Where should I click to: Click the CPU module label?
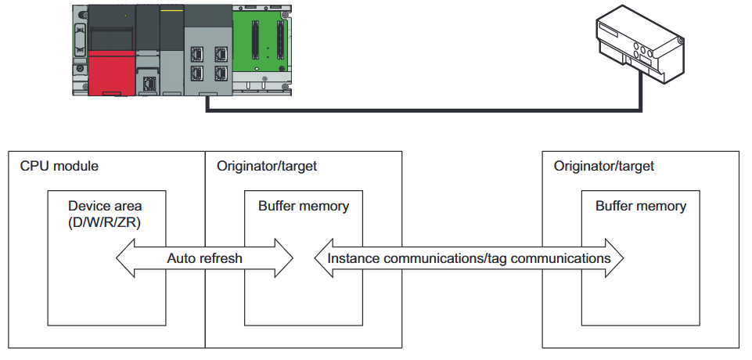coord(59,167)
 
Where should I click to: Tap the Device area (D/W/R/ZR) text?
coord(105,214)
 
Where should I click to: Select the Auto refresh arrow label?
coord(204,258)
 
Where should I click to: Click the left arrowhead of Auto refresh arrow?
coord(125,258)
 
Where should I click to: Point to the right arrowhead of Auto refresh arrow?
coord(284,258)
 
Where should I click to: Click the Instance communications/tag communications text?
coord(469,258)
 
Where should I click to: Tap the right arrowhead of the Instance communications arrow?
coord(614,258)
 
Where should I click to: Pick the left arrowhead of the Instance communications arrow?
coord(324,258)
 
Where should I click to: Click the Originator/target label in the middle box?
coord(267,167)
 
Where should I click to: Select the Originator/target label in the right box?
coord(604,167)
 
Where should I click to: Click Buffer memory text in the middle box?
coord(304,206)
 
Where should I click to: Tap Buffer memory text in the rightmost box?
coord(641,206)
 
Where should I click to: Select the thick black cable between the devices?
coord(424,110)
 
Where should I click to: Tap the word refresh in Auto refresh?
coord(221,258)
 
